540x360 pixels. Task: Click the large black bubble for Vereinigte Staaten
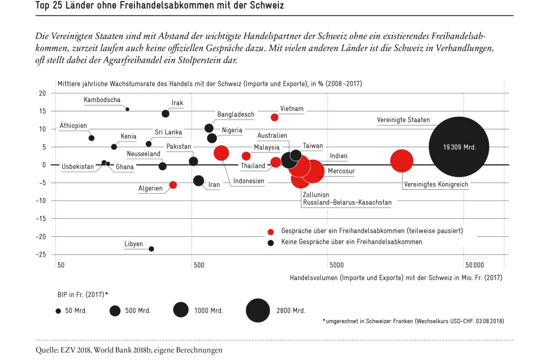(459, 147)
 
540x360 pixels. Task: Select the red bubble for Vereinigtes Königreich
(402, 161)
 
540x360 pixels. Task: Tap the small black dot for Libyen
(151, 249)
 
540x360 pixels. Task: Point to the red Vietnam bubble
(274, 117)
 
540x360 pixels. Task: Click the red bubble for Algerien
(173, 185)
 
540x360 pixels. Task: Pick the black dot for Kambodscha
(128, 109)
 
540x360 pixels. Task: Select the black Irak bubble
(165, 114)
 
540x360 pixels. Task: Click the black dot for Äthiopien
(91, 138)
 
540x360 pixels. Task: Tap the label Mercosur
(341, 171)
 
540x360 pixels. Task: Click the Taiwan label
(313, 146)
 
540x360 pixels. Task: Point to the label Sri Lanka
(168, 132)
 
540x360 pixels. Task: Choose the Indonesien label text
(249, 181)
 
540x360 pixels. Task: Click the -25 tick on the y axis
(41, 255)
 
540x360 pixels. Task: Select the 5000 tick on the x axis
(336, 265)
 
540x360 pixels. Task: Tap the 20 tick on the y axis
(42, 93)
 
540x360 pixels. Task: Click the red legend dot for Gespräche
(270, 232)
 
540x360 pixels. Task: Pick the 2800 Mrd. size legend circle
(258, 310)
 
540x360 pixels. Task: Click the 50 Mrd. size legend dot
(58, 311)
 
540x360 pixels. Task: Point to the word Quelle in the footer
(47, 350)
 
